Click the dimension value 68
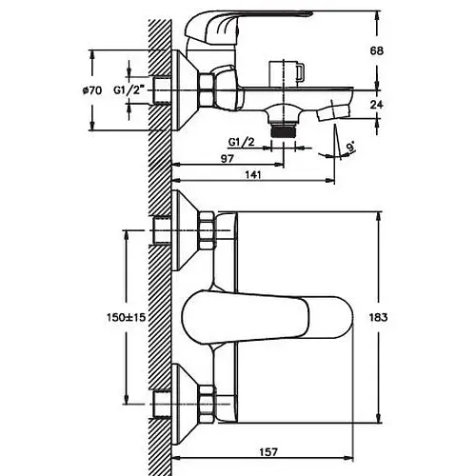377,50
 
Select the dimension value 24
377,105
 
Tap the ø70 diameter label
92,90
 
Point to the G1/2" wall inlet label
129,90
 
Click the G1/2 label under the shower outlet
242,143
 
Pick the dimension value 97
228,158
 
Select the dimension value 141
253,174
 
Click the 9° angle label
350,148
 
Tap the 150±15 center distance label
127,317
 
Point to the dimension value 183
378,317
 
